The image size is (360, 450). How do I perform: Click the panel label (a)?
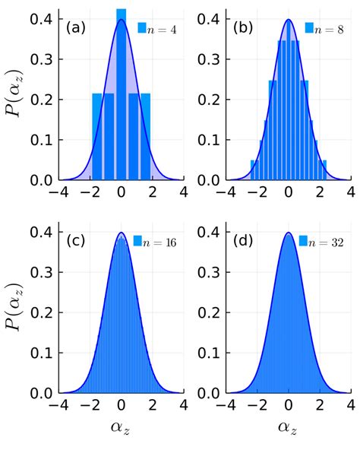click(x=75, y=28)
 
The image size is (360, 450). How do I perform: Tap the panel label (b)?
click(x=242, y=28)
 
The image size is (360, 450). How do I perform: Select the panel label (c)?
click(x=75, y=241)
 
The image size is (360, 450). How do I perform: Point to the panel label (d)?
click(x=242, y=241)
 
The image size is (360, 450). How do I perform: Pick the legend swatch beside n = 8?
click(x=309, y=28)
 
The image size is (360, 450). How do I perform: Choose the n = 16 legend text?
click(x=160, y=242)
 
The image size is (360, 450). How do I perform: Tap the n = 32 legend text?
click(x=327, y=242)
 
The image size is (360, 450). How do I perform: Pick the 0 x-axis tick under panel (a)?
click(x=121, y=192)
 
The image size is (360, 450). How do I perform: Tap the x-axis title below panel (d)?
click(x=288, y=429)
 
